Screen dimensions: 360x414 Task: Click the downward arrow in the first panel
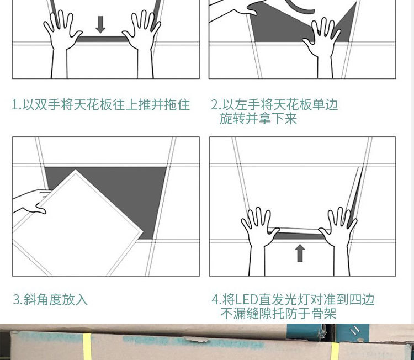pos(100,24)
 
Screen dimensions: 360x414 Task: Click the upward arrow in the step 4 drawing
pos(300,253)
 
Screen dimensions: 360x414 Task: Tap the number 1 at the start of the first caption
pos(15,105)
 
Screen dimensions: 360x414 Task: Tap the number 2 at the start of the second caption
pos(214,105)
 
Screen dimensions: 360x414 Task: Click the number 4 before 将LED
pos(215,300)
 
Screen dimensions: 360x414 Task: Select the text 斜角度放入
pos(55,300)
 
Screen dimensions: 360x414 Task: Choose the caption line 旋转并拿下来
pos(258,119)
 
